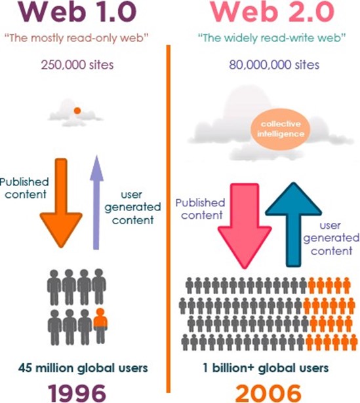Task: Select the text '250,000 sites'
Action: pyautogui.click(x=77, y=65)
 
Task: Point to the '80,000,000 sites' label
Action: pyautogui.click(x=274, y=65)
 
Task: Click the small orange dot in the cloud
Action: pyautogui.click(x=77, y=111)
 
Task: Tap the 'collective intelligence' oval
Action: pyautogui.click(x=281, y=129)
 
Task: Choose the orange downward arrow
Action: pyautogui.click(x=61, y=203)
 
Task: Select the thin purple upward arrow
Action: pyautogui.click(x=96, y=202)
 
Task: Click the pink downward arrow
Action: pyautogui.click(x=245, y=226)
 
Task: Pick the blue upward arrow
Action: pyautogui.click(x=293, y=224)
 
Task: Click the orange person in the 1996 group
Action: pyautogui.click(x=100, y=326)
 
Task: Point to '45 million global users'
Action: pyautogui.click(x=83, y=368)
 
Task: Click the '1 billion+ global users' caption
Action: pyautogui.click(x=266, y=368)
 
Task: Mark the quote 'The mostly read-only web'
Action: pyautogui.click(x=77, y=38)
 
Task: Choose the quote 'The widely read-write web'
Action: pyautogui.click(x=271, y=38)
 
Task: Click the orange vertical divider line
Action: pyautogui.click(x=169, y=219)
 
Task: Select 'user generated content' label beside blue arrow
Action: pyautogui.click(x=331, y=239)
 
